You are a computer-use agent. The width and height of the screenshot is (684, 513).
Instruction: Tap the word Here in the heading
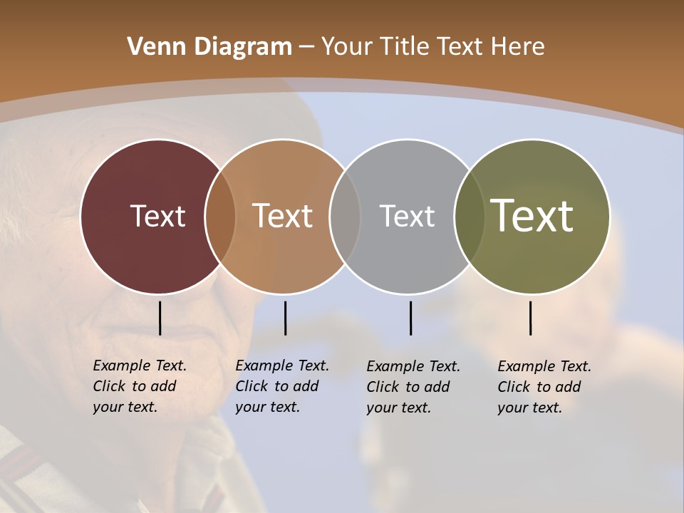point(517,47)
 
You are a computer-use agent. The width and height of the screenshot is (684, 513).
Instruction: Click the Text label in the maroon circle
point(157,216)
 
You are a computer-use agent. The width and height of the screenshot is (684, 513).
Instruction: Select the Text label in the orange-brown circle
point(283,216)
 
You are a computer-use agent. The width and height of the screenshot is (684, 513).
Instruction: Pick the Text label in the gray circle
point(407,216)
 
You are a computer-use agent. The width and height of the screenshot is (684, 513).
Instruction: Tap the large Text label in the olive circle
point(532,216)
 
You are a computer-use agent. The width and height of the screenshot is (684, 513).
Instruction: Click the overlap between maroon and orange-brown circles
point(220,216)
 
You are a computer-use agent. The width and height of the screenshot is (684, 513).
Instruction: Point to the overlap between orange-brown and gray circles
point(345,216)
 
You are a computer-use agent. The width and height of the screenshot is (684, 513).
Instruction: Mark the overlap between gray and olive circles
point(469,216)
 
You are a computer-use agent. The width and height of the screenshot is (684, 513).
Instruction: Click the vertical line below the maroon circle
point(160,318)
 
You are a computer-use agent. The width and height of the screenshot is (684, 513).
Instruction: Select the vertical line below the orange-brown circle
point(285,318)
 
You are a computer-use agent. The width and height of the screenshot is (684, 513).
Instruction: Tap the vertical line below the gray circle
point(410,318)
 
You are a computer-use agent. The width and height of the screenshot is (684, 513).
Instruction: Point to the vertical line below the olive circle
point(530,318)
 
